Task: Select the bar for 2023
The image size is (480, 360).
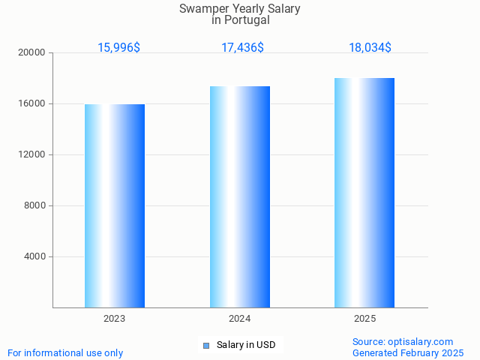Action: [x=115, y=205]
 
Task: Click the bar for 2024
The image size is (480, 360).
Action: [x=240, y=196]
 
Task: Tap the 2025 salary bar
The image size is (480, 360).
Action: [x=364, y=193]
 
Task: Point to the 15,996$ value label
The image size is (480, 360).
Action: [x=118, y=47]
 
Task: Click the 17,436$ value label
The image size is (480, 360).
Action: [x=242, y=47]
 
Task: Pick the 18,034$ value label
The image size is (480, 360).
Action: [x=370, y=47]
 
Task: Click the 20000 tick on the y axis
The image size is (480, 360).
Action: [x=32, y=52]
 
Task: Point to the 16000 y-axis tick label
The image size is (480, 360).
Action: [x=32, y=103]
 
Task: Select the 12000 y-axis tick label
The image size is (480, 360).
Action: [x=32, y=154]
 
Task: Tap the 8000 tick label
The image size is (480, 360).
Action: [x=34, y=205]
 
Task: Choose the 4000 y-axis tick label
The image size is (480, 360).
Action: [x=34, y=256]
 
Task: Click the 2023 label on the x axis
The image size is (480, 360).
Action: [x=115, y=319]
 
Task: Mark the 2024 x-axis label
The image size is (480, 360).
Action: [x=240, y=319]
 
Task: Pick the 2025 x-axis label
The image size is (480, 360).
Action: [x=364, y=319]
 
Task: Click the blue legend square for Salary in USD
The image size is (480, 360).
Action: [x=206, y=345]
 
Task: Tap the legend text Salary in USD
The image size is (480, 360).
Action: [x=246, y=345]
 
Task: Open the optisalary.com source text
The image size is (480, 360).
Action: [x=403, y=341]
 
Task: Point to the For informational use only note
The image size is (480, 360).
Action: [x=65, y=352]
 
